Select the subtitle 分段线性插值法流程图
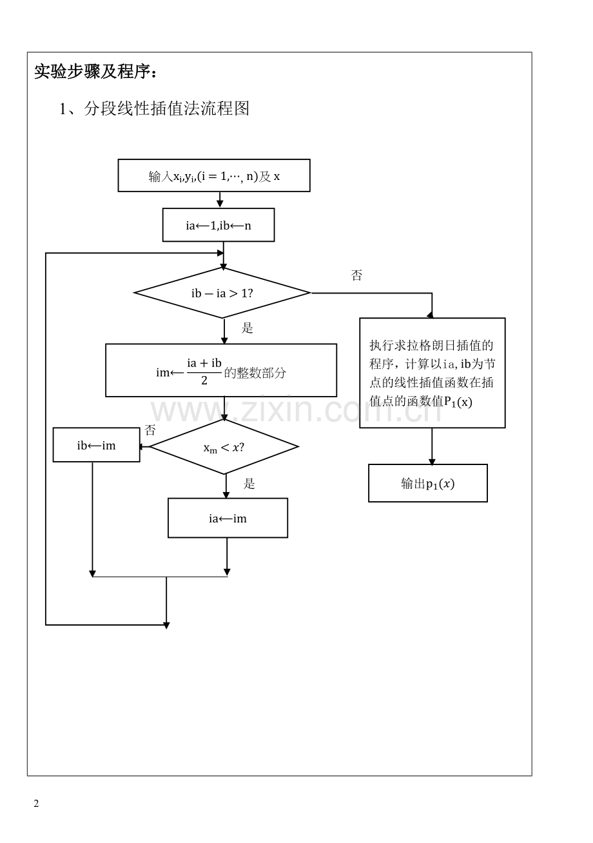pyautogui.click(x=154, y=108)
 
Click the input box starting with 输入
pyautogui.click(x=214, y=176)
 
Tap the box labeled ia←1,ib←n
pyautogui.click(x=219, y=225)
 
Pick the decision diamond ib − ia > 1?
pyautogui.click(x=222, y=293)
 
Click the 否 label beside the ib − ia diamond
pyautogui.click(x=356, y=275)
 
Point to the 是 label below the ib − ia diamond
pyautogui.click(x=248, y=328)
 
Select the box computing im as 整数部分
pyautogui.click(x=221, y=370)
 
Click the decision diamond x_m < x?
pyautogui.click(x=224, y=447)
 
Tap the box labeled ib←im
pyautogui.click(x=97, y=445)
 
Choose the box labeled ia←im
pyautogui.click(x=228, y=518)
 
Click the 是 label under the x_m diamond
pyautogui.click(x=249, y=484)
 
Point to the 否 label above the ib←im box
pyautogui.click(x=150, y=430)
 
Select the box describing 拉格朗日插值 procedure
pyautogui.click(x=432, y=373)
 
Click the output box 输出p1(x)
pyautogui.click(x=428, y=483)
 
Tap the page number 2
pyautogui.click(x=36, y=804)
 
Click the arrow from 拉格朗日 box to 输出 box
pyautogui.click(x=432, y=446)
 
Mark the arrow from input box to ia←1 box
pyautogui.click(x=220, y=200)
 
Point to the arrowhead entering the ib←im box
pyautogui.click(x=144, y=446)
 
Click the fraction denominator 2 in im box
pyautogui.click(x=204, y=381)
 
